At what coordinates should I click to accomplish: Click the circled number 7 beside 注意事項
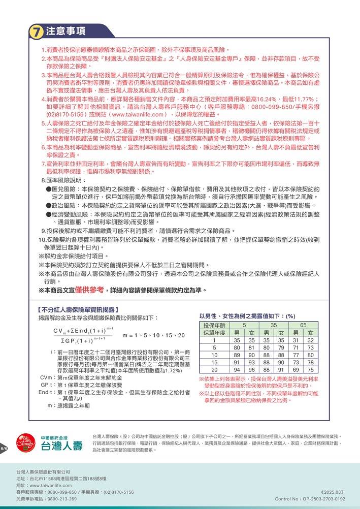36,31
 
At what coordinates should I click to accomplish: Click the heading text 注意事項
66,31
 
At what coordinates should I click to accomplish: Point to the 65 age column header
303,325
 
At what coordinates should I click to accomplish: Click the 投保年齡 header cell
215,325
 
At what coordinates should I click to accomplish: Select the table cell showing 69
296,370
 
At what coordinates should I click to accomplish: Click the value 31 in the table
296,340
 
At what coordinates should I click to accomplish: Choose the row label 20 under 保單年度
215,370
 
